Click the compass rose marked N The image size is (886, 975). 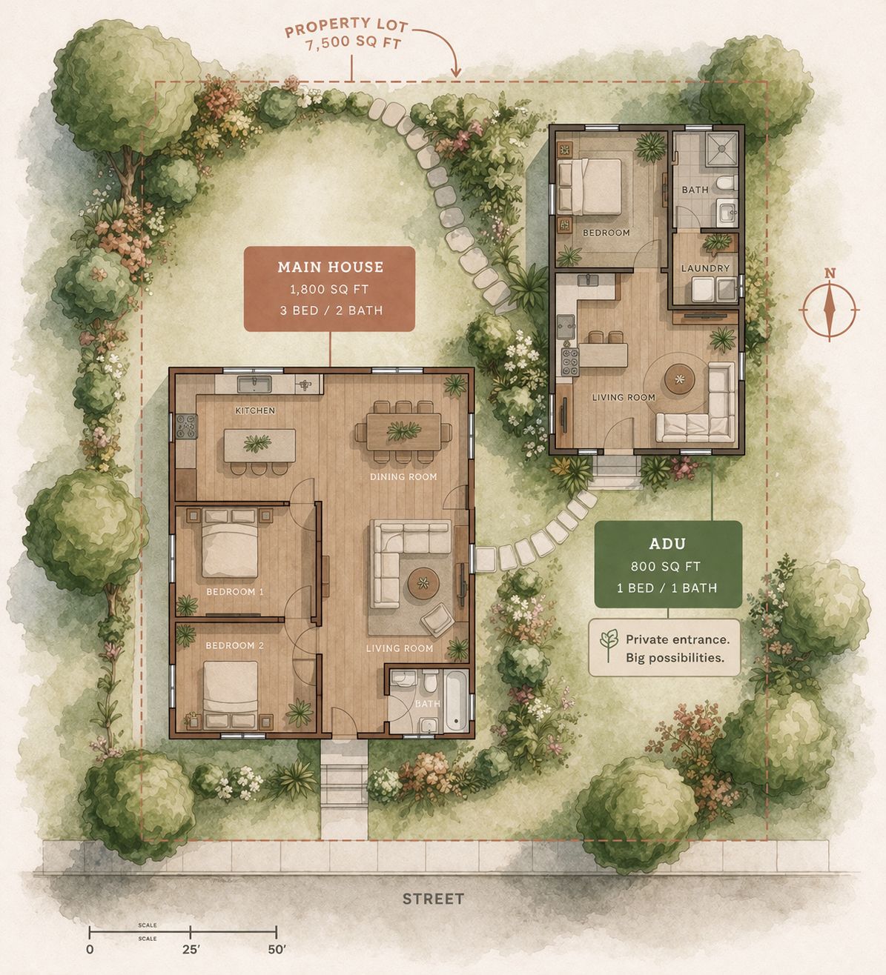830,307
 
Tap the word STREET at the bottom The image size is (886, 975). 433,899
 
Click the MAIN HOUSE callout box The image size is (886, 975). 330,288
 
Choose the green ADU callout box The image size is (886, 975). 667,564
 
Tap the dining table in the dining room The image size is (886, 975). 403,431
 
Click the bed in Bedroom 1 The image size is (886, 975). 230,545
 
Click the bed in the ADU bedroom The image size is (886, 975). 591,185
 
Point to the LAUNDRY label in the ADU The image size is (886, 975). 704,268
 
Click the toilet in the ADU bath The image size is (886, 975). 728,182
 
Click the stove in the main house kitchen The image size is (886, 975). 185,427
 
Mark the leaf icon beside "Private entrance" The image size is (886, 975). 609,646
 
